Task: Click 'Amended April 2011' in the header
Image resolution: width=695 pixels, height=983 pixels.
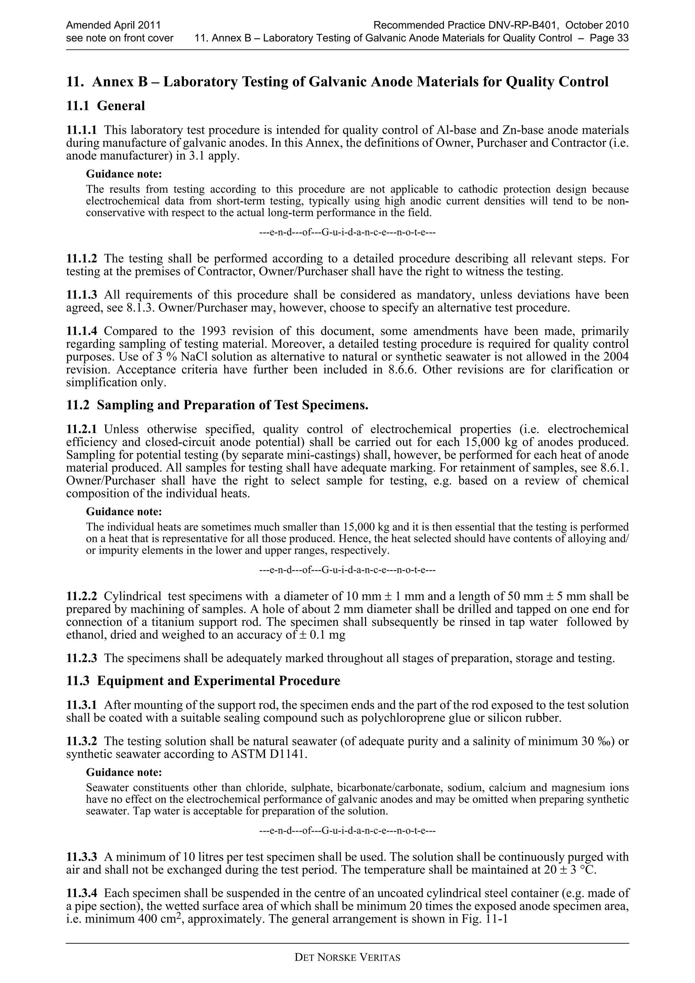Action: pyautogui.click(x=113, y=25)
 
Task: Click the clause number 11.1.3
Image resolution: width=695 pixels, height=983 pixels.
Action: pyautogui.click(x=81, y=295)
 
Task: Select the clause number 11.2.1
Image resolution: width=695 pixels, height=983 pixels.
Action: pyautogui.click(x=81, y=429)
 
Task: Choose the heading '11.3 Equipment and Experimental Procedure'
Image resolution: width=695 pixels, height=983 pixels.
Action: pyautogui.click(x=203, y=681)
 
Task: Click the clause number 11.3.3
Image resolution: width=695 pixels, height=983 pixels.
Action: pyautogui.click(x=81, y=857)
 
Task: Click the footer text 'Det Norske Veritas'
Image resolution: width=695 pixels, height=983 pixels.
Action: pyautogui.click(x=347, y=958)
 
